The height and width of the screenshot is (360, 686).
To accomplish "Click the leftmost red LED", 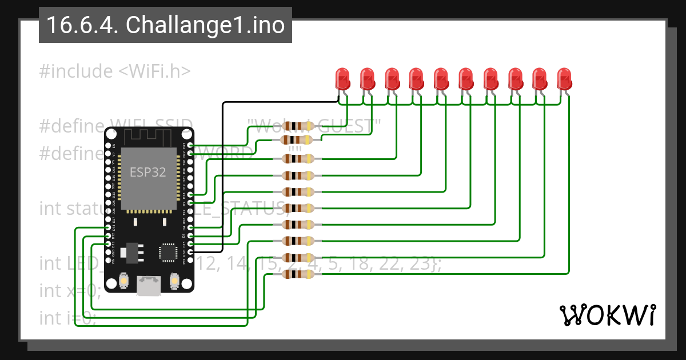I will (342, 79).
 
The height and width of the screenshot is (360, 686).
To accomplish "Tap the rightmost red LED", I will (564, 79).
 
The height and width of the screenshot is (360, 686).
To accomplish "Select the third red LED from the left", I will (392, 79).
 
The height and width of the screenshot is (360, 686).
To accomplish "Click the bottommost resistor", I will (298, 274).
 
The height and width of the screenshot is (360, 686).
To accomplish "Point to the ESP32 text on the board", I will (148, 172).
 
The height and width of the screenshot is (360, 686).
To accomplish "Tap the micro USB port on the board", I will (149, 286).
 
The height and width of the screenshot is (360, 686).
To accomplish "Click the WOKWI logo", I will (607, 315).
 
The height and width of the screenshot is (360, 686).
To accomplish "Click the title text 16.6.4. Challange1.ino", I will (165, 25).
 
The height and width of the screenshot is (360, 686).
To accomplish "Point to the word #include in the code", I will (76, 71).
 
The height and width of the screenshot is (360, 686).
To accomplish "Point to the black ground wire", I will (222, 171).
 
